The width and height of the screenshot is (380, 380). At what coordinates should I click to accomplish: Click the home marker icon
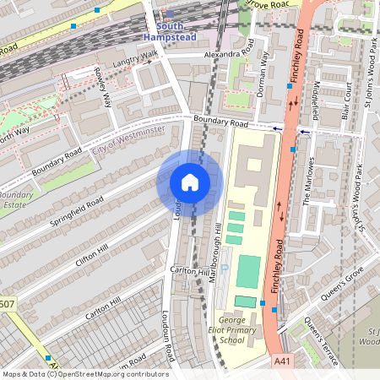[x=189, y=182]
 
